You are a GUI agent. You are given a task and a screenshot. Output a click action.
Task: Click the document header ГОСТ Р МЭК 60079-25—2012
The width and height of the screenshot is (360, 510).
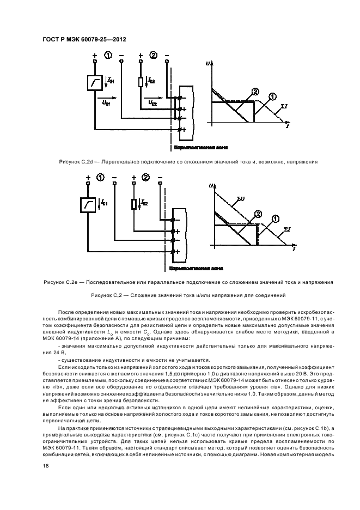coord(80,39)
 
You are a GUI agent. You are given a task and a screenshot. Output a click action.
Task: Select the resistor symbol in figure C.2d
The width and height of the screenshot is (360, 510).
coord(141,82)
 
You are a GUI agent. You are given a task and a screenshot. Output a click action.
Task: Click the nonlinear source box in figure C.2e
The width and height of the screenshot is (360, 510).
coord(88,205)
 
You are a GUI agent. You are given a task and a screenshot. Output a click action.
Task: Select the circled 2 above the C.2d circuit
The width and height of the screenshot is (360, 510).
coord(153,56)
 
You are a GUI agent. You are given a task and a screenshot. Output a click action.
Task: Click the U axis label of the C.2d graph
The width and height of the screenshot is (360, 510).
coord(209,64)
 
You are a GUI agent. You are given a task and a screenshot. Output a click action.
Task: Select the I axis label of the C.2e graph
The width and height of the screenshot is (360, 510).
coord(294,249)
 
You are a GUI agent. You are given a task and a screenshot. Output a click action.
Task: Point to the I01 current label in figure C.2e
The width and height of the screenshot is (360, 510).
coord(103,203)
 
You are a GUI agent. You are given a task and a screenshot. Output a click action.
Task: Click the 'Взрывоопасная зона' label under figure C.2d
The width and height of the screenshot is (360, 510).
coord(200,147)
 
